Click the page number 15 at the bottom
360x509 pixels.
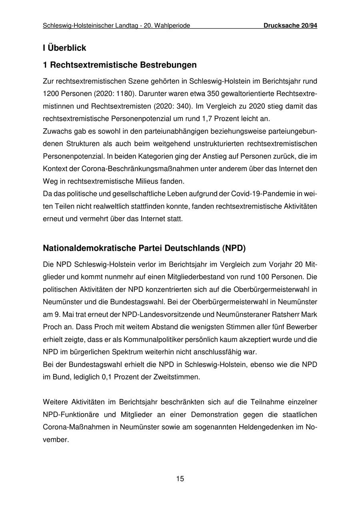(180, 479)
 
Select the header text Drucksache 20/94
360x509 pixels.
(290, 26)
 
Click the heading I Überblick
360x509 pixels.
(64, 48)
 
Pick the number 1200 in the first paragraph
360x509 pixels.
(50, 94)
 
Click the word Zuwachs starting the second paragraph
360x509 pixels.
(56, 131)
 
